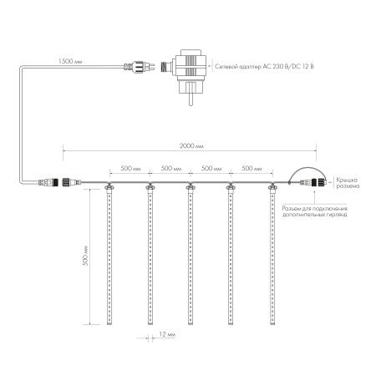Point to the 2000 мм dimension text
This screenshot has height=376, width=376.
(x=190, y=145)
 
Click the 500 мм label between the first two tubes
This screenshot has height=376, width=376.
(x=129, y=168)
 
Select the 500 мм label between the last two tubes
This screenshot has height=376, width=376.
(x=251, y=168)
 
